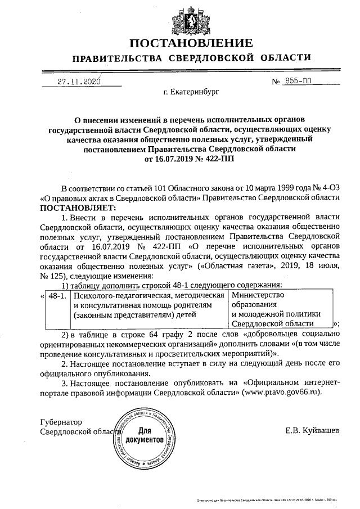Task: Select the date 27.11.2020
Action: click(x=79, y=81)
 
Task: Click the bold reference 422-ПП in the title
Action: click(x=217, y=159)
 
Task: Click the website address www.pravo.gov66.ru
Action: click(x=281, y=391)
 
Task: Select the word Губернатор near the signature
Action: click(x=61, y=422)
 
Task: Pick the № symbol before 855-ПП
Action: click(x=276, y=82)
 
